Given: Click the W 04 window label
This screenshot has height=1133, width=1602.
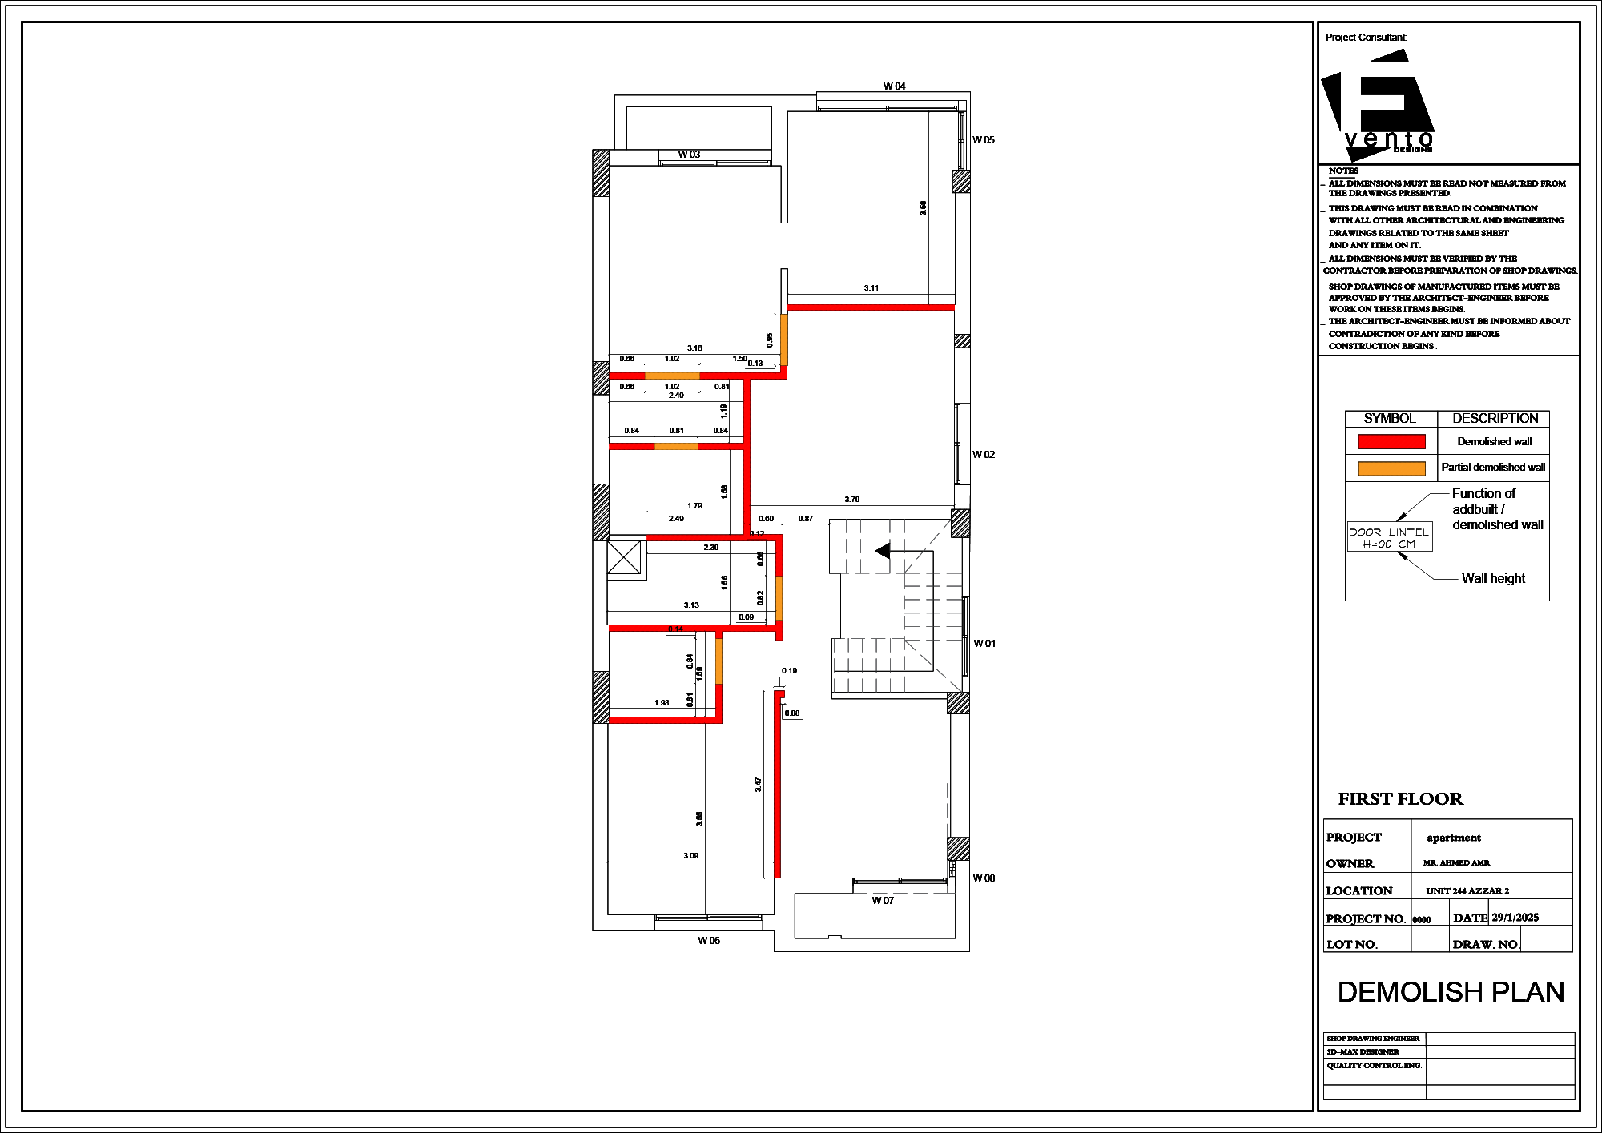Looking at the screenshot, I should pyautogui.click(x=894, y=86).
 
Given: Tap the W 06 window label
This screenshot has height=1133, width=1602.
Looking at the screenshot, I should pyautogui.click(x=708, y=941).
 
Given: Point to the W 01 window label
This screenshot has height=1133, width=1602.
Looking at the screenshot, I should pyautogui.click(x=984, y=644).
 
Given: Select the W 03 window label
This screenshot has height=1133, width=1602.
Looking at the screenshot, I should pyautogui.click(x=689, y=155).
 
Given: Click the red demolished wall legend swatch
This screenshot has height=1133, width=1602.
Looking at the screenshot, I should pyautogui.click(x=1391, y=441).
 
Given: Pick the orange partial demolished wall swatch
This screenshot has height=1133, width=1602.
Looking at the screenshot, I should pyautogui.click(x=1391, y=468).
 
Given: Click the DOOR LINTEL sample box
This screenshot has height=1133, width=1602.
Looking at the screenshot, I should pyautogui.click(x=1389, y=538).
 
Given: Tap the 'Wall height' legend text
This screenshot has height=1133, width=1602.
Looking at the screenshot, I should pyautogui.click(x=1493, y=579).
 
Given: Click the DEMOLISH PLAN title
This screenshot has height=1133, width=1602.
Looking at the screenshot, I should pyautogui.click(x=1451, y=992).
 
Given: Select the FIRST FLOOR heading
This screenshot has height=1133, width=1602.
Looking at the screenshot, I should pyautogui.click(x=1400, y=799).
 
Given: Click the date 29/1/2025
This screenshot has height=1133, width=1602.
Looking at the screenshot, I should pyautogui.click(x=1515, y=918).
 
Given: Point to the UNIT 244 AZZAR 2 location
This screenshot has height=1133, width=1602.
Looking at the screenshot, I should pyautogui.click(x=1467, y=891).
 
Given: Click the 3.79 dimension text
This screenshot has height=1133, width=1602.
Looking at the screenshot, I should pyautogui.click(x=851, y=500).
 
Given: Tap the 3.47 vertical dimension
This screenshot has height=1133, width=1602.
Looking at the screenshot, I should pyautogui.click(x=758, y=785).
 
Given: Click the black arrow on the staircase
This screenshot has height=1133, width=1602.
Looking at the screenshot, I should pyautogui.click(x=883, y=551).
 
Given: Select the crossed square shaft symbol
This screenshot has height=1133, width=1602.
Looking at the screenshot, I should pyautogui.click(x=624, y=558).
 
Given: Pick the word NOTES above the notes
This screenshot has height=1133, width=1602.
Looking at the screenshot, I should pyautogui.click(x=1343, y=171).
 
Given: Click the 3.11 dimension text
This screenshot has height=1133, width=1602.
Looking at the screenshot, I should pyautogui.click(x=871, y=288).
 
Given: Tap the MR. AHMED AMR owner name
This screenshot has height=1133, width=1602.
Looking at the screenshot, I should pyautogui.click(x=1456, y=863).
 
